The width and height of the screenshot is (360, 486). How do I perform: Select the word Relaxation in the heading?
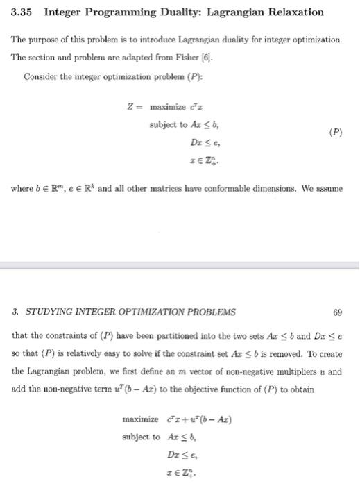tap(292, 12)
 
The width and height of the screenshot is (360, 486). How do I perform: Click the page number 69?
tap(338, 311)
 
